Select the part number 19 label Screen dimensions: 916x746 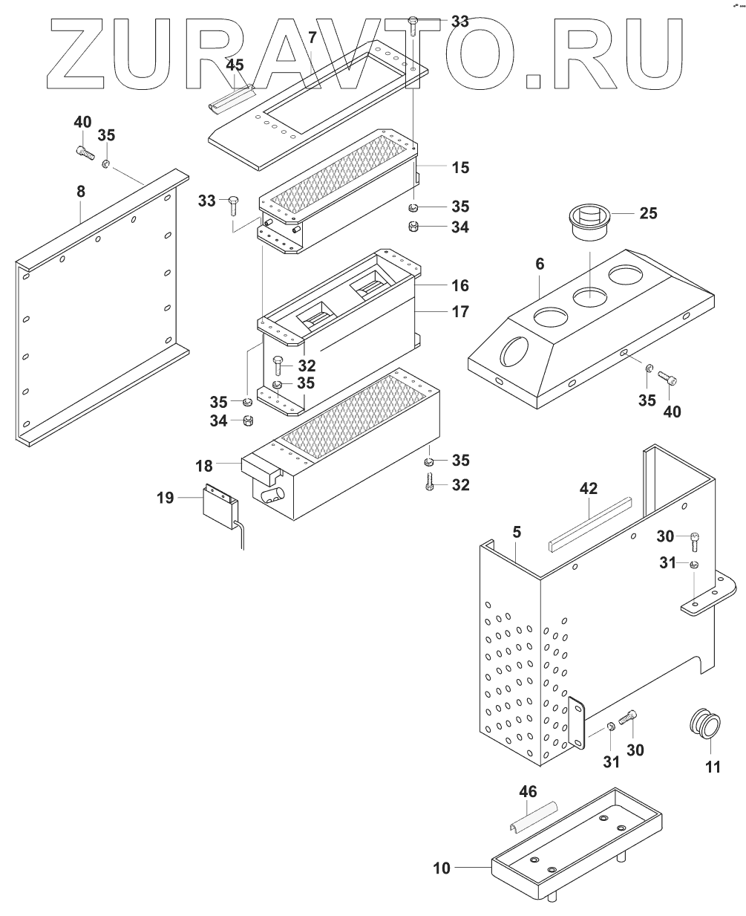pos(166,498)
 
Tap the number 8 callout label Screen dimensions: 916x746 pos(81,192)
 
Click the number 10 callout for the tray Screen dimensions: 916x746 pos(442,868)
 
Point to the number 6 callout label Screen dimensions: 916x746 pos(540,264)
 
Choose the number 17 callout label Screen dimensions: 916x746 pos(460,311)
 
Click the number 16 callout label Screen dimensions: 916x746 pos(460,285)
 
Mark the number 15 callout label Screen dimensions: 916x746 pos(460,168)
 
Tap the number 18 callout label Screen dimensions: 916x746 pos(204,466)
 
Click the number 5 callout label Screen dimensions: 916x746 pos(517,532)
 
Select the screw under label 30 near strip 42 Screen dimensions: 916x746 pos(695,541)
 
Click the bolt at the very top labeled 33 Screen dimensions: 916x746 pos(413,25)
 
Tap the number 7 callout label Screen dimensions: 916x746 pos(313,37)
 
